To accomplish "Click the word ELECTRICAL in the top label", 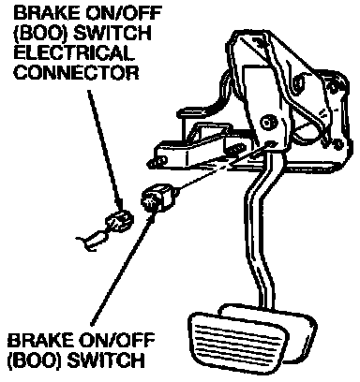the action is tap(74, 53).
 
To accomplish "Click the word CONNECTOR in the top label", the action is tap(77, 73).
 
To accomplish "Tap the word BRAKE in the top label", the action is tap(47, 13).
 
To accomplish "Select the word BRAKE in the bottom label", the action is tap(39, 340).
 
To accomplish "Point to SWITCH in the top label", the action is tap(113, 33).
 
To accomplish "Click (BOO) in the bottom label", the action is tap(35, 360).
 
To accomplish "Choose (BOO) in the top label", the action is tap(41, 33).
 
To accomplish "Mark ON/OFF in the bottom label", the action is tap(115, 340).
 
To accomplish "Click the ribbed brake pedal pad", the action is tap(237, 340).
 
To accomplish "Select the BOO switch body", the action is tap(157, 198).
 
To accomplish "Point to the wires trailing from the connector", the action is tap(92, 241).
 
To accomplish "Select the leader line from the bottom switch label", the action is tap(123, 269).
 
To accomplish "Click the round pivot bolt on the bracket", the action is tap(268, 121).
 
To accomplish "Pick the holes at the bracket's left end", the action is tap(157, 162).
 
